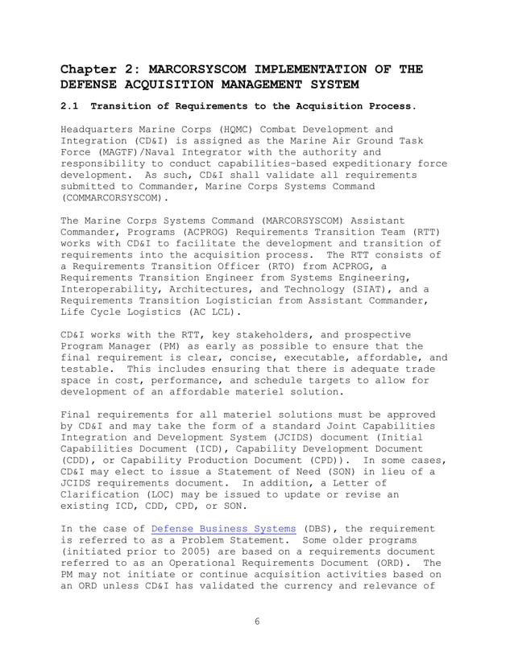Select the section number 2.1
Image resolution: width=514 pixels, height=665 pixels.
coord(72,105)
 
